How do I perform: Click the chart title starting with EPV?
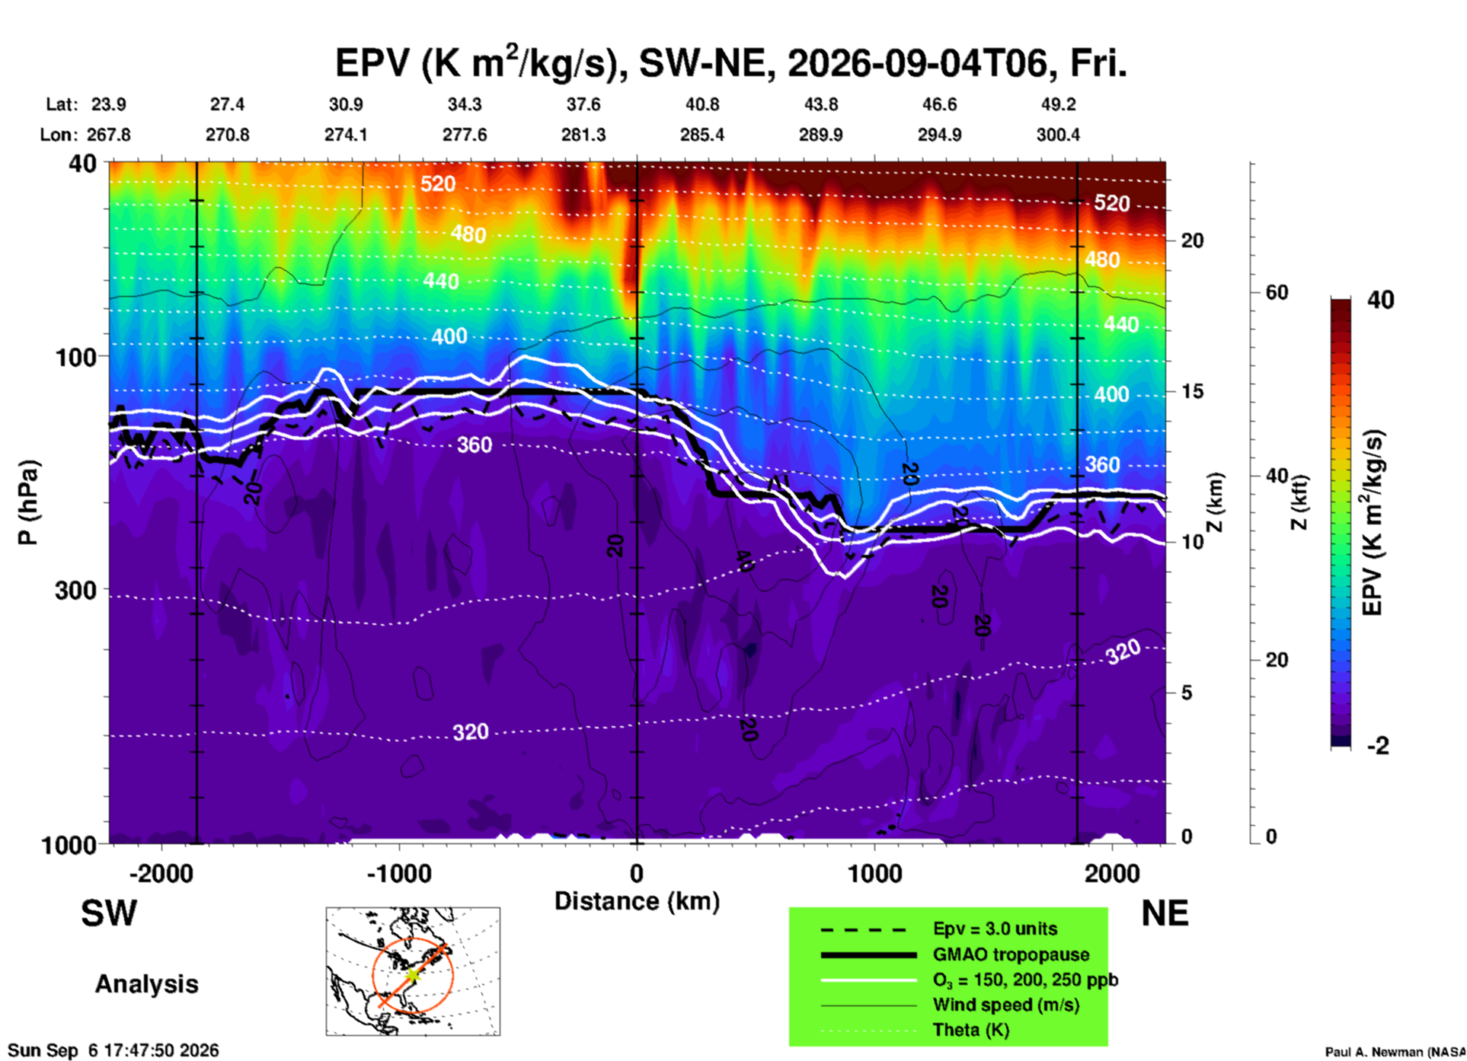point(730,62)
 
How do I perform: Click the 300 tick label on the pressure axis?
point(76,590)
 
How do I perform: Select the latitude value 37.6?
point(583,104)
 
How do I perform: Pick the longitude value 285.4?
point(702,135)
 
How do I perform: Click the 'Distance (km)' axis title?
point(637,901)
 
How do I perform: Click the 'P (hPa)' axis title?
point(28,502)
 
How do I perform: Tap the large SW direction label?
point(109,913)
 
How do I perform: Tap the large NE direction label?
point(1165,913)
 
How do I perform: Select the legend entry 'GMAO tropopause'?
point(1011,954)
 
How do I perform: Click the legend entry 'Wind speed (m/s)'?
point(1005,1005)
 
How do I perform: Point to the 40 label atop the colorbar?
point(1380,300)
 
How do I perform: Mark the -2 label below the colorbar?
point(1379,746)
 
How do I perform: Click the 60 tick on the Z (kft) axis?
point(1276,292)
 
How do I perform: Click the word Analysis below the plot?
point(146,984)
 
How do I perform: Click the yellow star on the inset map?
point(412,974)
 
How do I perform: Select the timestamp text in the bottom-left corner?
point(113,1050)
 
